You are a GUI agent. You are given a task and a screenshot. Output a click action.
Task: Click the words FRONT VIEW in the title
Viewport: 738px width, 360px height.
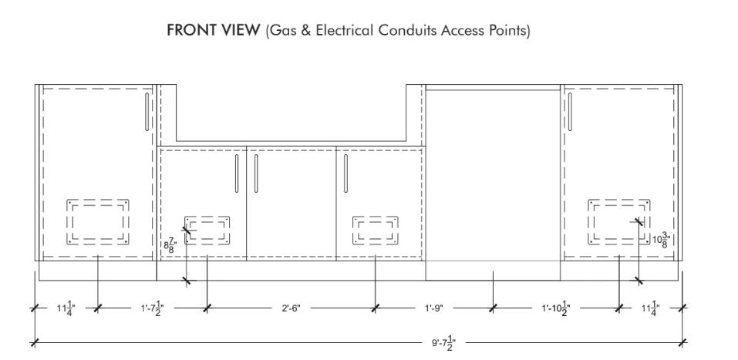213,30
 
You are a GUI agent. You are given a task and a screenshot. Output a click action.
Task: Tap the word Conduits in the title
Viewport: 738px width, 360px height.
408,30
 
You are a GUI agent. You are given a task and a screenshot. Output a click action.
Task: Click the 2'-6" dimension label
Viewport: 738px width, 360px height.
291,308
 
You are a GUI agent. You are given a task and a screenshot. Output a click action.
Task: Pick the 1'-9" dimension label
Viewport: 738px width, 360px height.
434,308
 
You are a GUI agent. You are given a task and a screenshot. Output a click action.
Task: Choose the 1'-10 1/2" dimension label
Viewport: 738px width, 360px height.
556,308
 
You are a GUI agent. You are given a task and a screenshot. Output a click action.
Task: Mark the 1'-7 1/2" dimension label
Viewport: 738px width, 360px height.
153,308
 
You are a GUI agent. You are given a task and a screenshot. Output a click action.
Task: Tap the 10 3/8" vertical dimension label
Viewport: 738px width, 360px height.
661,239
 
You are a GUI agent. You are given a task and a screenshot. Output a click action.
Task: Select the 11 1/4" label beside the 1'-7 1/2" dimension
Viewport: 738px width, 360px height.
66,308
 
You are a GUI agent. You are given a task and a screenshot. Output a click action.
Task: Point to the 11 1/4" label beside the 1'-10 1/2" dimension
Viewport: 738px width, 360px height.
651,308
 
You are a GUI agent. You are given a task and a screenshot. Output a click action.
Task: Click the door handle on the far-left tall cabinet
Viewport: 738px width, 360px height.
147,112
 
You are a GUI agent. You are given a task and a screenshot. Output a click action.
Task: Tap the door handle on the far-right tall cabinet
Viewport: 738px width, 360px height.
570,112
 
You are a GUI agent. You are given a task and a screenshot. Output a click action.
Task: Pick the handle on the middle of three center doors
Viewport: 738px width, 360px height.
256,173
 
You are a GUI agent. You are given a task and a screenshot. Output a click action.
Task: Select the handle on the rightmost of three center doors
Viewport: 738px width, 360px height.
346,173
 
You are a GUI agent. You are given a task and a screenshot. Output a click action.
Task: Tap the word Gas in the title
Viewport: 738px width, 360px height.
281,30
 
